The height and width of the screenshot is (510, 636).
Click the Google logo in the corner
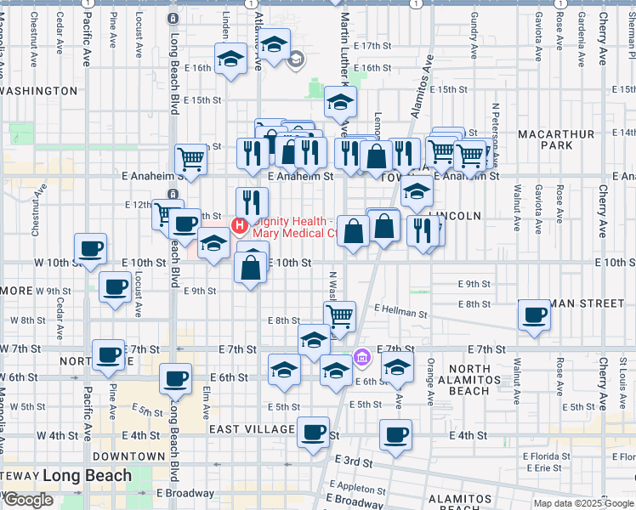click(28, 500)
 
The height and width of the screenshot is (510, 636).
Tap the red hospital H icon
click(240, 226)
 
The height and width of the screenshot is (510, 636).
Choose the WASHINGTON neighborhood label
click(39, 90)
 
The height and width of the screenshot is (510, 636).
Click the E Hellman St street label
click(400, 313)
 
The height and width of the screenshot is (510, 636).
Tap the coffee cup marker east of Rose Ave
click(535, 315)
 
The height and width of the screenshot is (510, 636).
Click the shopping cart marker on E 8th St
click(340, 316)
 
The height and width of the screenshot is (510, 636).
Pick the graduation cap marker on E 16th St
click(230, 59)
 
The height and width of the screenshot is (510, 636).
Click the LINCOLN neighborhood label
click(456, 216)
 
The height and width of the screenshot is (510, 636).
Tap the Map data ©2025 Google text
click(583, 503)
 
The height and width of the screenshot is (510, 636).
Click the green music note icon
click(17, 135)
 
